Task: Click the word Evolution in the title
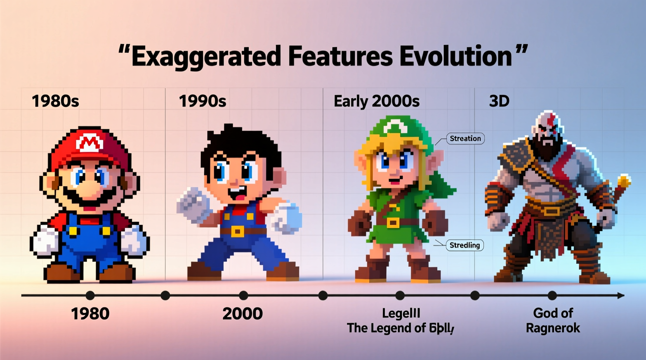[456, 57]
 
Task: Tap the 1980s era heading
[55, 101]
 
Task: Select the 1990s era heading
[202, 101]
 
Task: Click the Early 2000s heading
[377, 101]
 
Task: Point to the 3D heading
[499, 101]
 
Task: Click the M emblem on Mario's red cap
[90, 144]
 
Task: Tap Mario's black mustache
[90, 195]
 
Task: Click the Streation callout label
[465, 138]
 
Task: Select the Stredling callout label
[464, 245]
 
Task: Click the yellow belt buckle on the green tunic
[393, 223]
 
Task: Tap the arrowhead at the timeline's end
[621, 296]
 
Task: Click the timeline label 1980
[90, 314]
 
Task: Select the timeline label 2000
[243, 314]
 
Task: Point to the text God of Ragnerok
[553, 320]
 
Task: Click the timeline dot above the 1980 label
[90, 296]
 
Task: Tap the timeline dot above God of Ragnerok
[552, 296]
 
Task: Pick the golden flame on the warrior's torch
[623, 181]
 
